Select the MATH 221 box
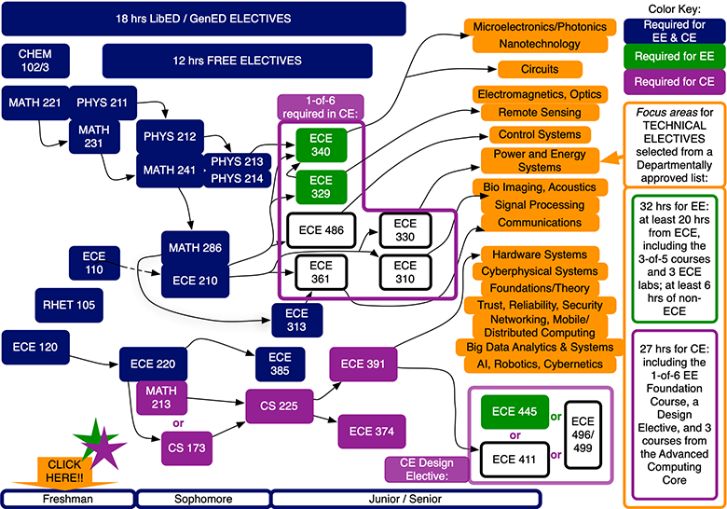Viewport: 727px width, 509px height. click(30, 101)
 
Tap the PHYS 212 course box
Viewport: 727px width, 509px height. click(169, 137)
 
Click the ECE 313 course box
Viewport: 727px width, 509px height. click(295, 319)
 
